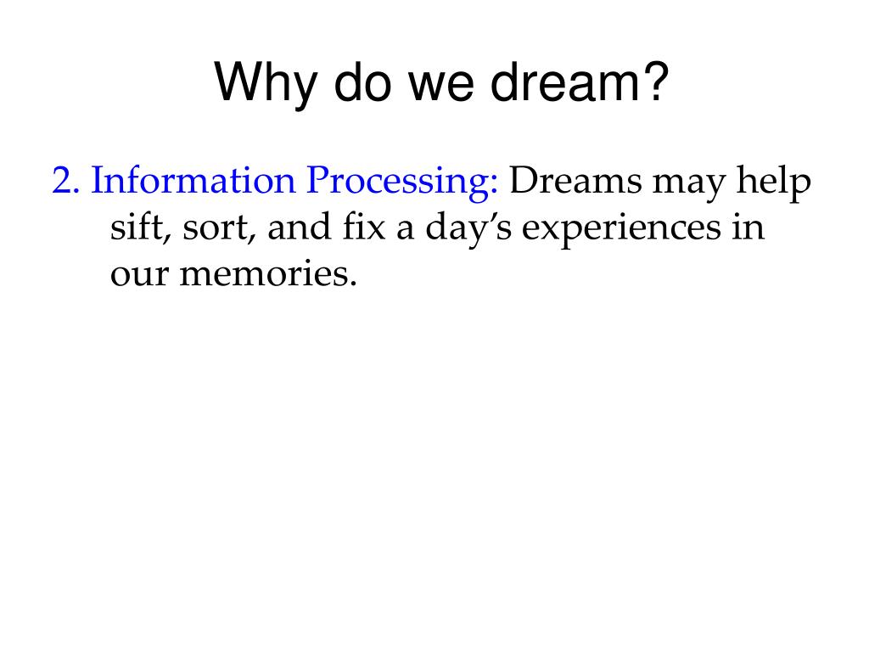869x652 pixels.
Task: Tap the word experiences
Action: tap(621, 228)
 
